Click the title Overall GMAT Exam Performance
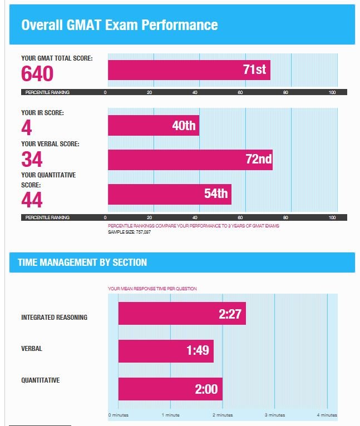pyautogui.click(x=119, y=25)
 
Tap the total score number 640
pyautogui.click(x=37, y=74)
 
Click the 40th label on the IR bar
pyautogui.click(x=184, y=126)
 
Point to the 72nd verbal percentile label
pyautogui.click(x=258, y=160)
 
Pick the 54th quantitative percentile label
pyautogui.click(x=216, y=194)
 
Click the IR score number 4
pyautogui.click(x=26, y=128)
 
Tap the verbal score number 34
pyautogui.click(x=32, y=160)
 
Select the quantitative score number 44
pyautogui.click(x=32, y=200)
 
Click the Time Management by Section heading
pyautogui.click(x=82, y=262)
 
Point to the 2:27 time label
pyautogui.click(x=229, y=314)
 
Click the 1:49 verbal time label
pyautogui.click(x=197, y=351)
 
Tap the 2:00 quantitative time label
pyautogui.click(x=206, y=389)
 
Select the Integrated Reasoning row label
pyautogui.click(x=54, y=318)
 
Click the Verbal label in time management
pyautogui.click(x=31, y=349)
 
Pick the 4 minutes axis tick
pyautogui.click(x=327, y=415)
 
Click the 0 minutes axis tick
pyautogui.click(x=118, y=415)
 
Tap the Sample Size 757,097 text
pyautogui.click(x=129, y=231)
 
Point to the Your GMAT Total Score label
pyautogui.click(x=57, y=58)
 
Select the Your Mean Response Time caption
pyautogui.click(x=152, y=289)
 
